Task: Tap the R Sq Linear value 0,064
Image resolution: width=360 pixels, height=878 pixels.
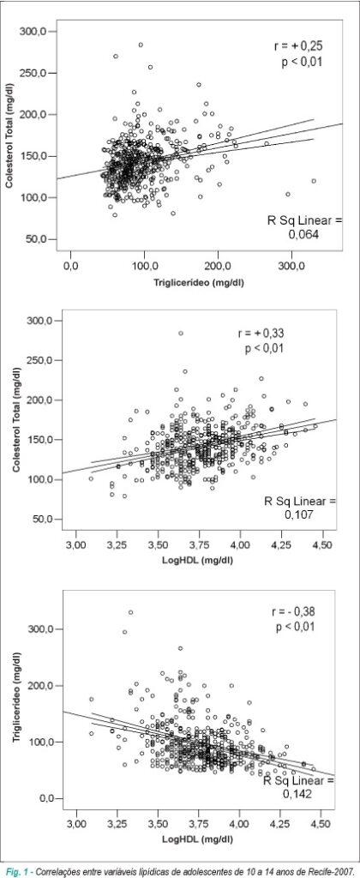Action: [x=303, y=235]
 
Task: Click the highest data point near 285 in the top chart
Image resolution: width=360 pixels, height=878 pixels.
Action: [x=141, y=45]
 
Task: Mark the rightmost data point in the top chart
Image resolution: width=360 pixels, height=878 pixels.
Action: [x=314, y=181]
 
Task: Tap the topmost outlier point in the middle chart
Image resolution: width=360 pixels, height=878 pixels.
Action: [x=181, y=334]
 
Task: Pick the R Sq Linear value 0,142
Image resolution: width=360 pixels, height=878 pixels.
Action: [x=299, y=793]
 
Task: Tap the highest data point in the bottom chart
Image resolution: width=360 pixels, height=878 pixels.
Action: [x=130, y=612]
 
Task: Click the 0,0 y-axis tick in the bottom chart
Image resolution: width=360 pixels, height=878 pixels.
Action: [x=47, y=798]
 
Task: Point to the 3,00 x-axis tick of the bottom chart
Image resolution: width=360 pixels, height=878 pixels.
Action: [x=76, y=824]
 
